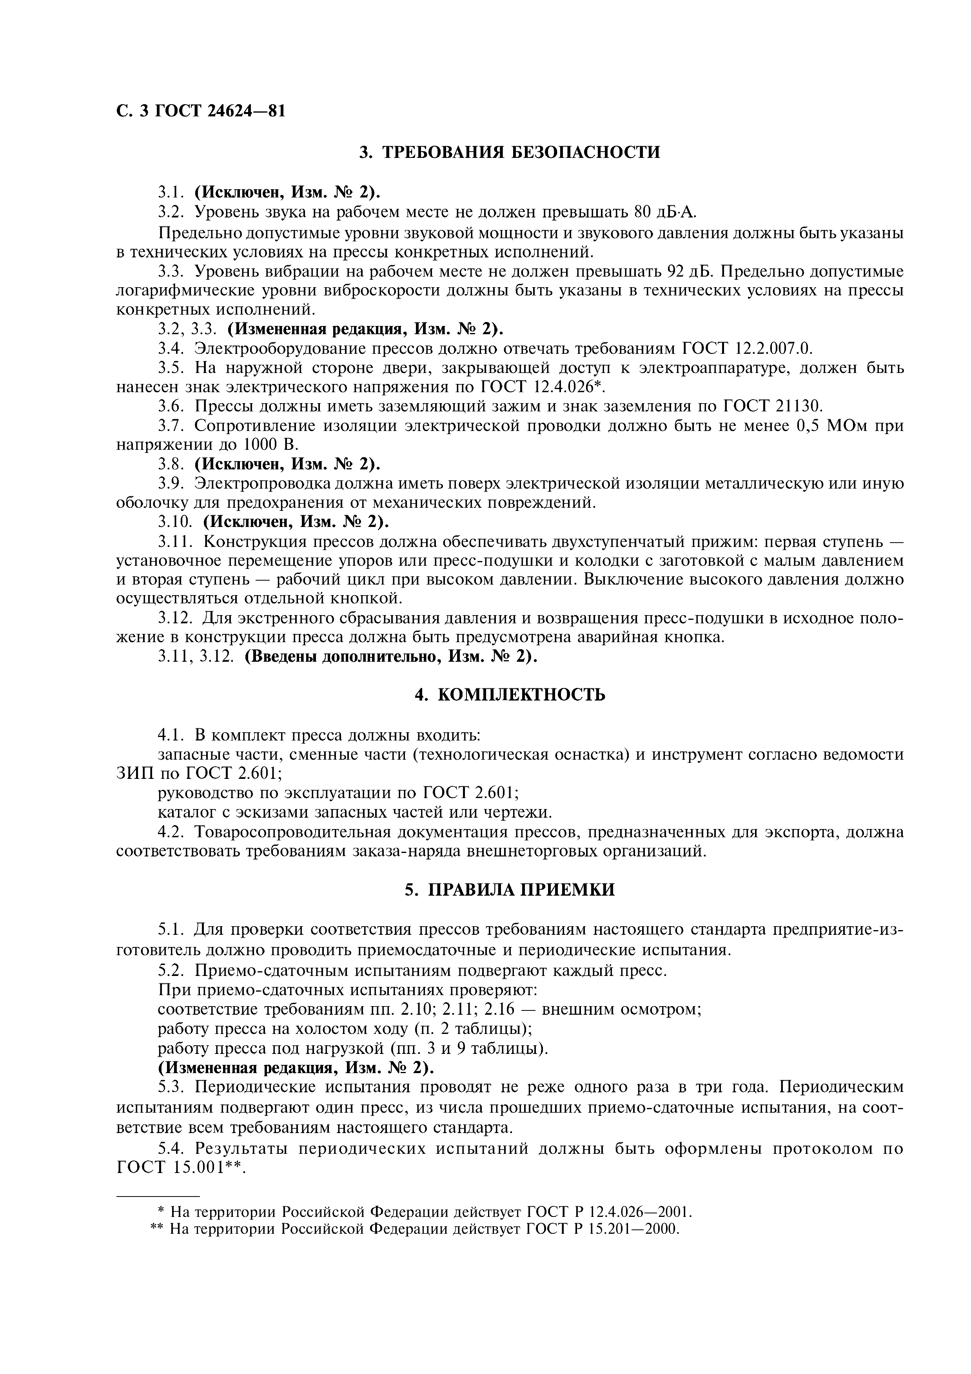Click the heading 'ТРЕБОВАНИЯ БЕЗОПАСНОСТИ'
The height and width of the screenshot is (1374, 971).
(521, 152)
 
